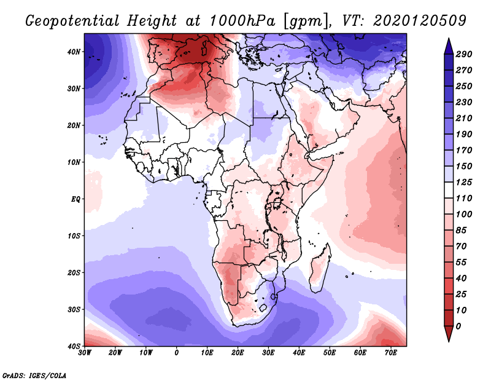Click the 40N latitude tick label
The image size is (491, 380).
pyautogui.click(x=74, y=52)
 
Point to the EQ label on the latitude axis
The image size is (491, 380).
pyautogui.click(x=75, y=199)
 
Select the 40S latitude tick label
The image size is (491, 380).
pyautogui.click(x=74, y=346)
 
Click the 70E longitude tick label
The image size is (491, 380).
pyautogui.click(x=390, y=353)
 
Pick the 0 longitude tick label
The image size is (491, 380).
pyautogui.click(x=177, y=353)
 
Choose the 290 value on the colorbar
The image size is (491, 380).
pyautogui.click(x=463, y=54)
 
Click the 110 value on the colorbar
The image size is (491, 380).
pyautogui.click(x=463, y=199)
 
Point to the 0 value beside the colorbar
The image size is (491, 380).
pyautogui.click(x=458, y=326)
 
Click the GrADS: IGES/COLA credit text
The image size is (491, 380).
pyautogui.click(x=34, y=375)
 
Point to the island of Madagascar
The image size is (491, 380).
pyautogui.click(x=319, y=271)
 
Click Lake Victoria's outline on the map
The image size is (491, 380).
pyautogui.click(x=277, y=202)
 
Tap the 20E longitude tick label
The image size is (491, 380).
pyautogui.click(x=238, y=353)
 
